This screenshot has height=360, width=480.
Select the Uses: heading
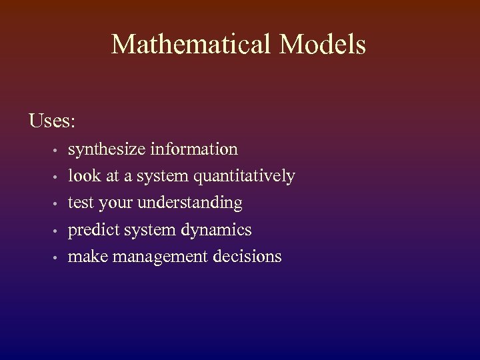(x=52, y=121)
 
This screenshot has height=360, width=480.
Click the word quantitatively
(x=245, y=177)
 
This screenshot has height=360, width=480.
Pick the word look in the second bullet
(x=83, y=176)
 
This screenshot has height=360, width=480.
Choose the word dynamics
(x=215, y=230)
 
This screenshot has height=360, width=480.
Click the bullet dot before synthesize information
(x=59, y=150)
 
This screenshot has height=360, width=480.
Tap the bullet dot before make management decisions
(x=59, y=257)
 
